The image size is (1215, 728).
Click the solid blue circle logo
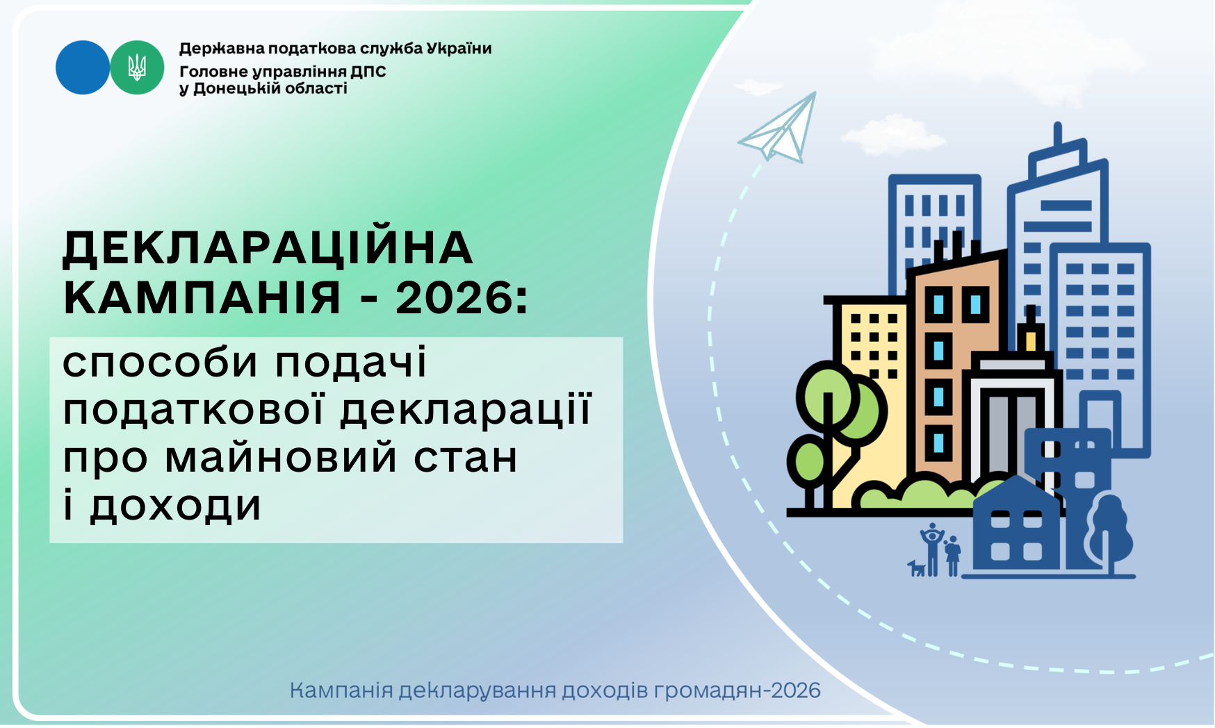point(83,67)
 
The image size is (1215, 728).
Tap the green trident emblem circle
point(137,67)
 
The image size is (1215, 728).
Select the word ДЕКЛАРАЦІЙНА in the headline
point(268,248)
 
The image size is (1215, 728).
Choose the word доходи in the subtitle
point(175,505)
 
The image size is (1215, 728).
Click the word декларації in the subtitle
point(466,408)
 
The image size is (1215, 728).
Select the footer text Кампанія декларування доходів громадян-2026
point(555,690)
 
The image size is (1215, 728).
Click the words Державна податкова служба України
point(335,49)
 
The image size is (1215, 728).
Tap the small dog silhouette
point(917,568)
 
